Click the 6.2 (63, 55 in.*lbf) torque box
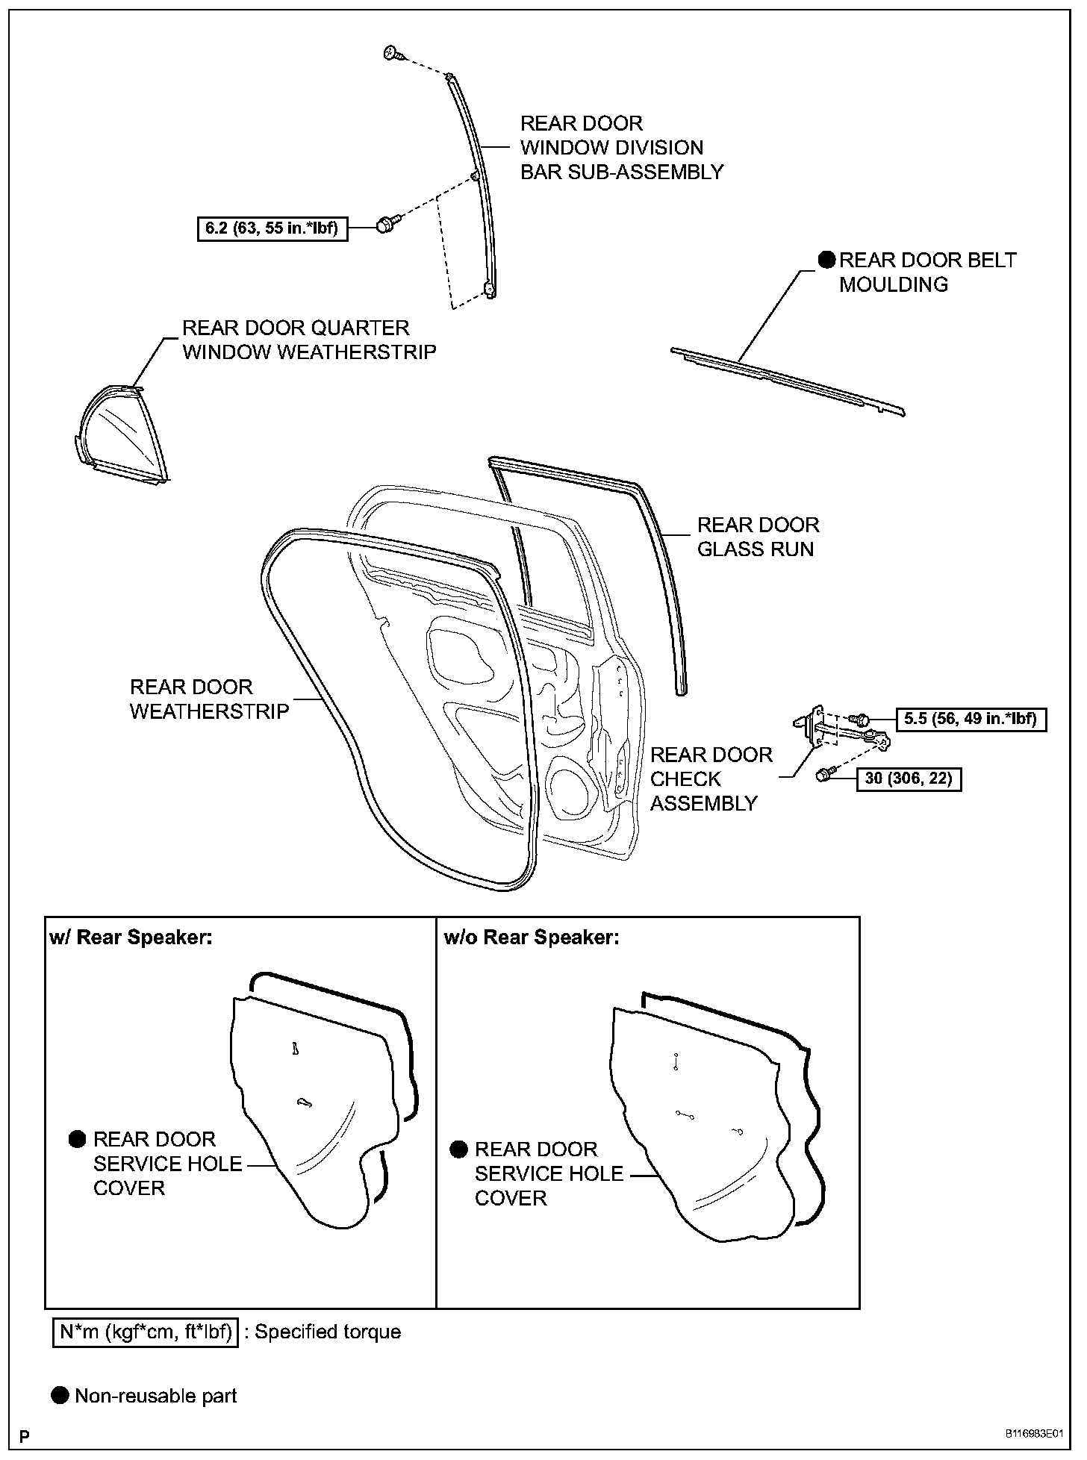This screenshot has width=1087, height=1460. (x=272, y=228)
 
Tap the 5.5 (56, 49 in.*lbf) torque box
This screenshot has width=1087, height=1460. (x=970, y=719)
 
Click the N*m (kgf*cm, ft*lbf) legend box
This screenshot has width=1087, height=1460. (x=146, y=1332)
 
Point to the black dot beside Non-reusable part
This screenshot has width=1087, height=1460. (x=60, y=1395)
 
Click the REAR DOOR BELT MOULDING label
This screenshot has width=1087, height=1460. (x=927, y=272)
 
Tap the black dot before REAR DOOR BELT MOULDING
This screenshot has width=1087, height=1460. (x=826, y=260)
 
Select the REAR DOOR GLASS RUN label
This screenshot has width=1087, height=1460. (x=758, y=537)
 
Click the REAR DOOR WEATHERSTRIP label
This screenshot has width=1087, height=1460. (x=209, y=699)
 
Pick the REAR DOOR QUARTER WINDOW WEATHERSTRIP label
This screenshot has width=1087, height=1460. (x=309, y=340)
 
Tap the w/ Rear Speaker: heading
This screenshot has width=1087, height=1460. (x=131, y=937)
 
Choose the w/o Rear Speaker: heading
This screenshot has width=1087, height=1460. (x=532, y=937)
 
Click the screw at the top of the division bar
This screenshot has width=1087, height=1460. (x=392, y=53)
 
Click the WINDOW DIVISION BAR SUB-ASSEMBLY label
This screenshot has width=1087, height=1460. (x=621, y=147)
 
